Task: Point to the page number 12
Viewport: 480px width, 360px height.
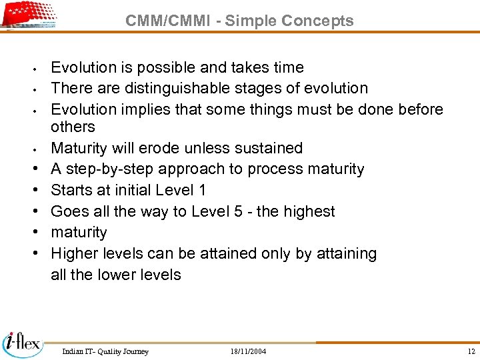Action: point(471,351)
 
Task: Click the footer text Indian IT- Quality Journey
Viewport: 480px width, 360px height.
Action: point(105,351)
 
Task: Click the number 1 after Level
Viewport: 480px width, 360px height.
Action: point(202,190)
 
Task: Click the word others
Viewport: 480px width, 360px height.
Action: point(73,127)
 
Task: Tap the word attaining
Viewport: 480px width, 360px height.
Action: point(346,253)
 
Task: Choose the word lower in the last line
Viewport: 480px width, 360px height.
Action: point(119,275)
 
